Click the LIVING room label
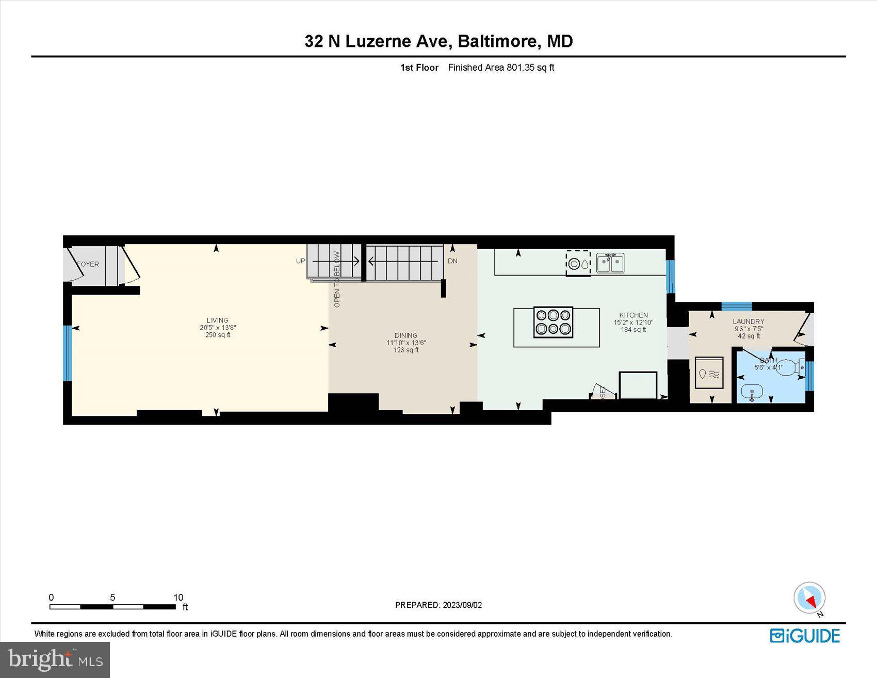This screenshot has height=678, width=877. point(217,320)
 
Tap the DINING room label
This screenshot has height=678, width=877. point(405,335)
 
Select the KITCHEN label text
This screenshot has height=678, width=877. point(634,315)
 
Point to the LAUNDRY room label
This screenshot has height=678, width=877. point(748,321)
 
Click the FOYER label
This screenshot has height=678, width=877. point(88,264)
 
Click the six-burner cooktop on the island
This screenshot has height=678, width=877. point(553,322)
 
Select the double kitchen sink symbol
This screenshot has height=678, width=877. point(610,263)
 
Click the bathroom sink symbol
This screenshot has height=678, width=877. point(752,393)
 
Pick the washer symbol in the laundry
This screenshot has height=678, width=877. point(709,373)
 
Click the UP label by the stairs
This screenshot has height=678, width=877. point(301,261)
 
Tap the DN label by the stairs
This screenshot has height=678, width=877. point(452,261)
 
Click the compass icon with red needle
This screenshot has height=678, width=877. point(809,598)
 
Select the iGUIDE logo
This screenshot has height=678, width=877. point(805,636)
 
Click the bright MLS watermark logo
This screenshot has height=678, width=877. point(55,659)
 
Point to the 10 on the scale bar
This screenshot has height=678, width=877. point(178,598)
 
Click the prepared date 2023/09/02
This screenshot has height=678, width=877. point(462,605)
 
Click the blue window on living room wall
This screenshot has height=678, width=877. point(67,353)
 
